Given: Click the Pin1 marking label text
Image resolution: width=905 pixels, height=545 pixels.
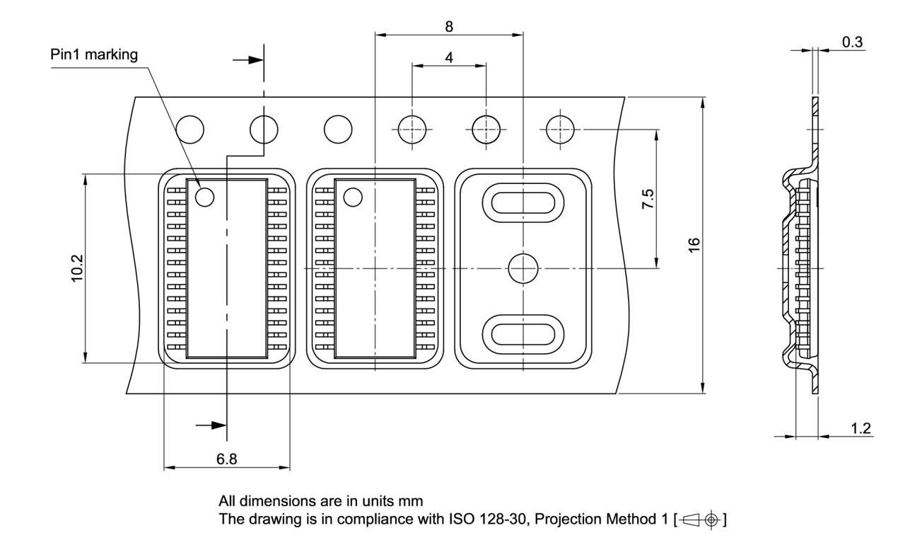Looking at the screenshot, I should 94,55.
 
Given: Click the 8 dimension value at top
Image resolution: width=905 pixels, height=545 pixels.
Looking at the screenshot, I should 449,26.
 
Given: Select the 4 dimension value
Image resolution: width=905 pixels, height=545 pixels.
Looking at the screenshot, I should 449,57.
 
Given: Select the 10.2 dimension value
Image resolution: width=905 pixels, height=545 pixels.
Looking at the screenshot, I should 77,268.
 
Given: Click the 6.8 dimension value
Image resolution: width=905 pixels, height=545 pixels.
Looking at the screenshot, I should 227,459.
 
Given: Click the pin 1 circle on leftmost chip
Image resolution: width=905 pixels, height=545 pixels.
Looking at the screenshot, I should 204,197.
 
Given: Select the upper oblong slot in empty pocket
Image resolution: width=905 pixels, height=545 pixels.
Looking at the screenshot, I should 522,202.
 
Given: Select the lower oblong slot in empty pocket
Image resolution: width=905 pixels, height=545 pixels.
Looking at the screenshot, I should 522,333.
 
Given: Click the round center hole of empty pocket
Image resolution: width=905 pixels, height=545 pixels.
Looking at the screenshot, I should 523,268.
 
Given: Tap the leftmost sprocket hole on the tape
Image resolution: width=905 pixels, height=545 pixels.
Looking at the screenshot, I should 190,129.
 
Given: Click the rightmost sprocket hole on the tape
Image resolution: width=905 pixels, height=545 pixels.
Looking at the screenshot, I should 561,129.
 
